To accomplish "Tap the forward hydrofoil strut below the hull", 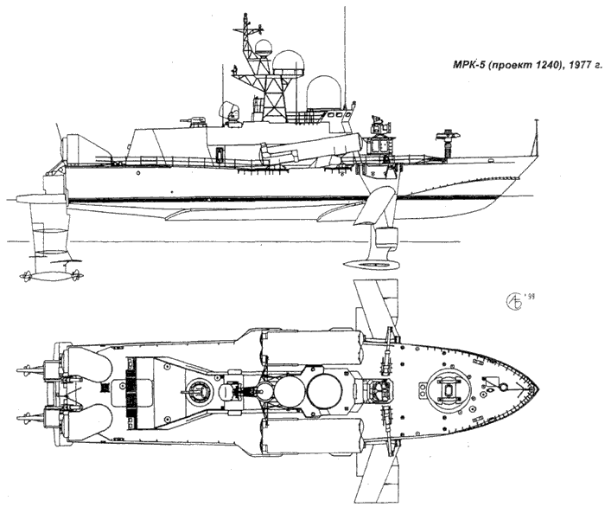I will pyautogui.click(x=379, y=203).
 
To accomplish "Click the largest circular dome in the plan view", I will pyautogui.click(x=323, y=390).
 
